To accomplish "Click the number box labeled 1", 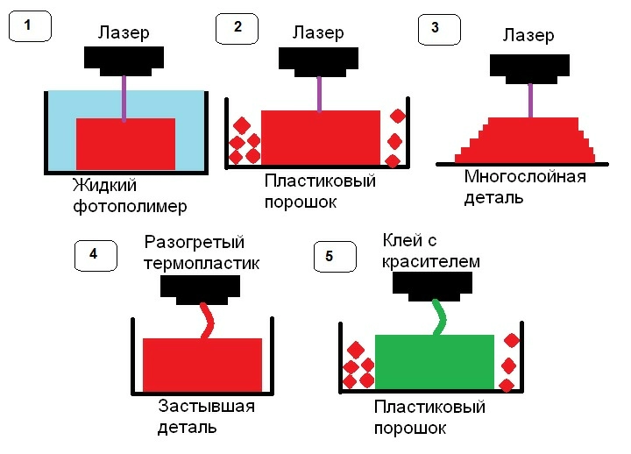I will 30,26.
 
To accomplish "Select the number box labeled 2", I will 238,27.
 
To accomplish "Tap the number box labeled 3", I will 436,27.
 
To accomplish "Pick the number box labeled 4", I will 95,255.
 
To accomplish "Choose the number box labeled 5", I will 330,256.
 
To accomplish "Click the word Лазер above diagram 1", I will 124,32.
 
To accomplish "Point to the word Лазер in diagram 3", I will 528,36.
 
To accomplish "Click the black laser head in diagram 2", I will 318,59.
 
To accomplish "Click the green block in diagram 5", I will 434,361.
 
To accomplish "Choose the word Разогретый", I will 194,242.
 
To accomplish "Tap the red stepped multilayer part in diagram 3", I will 526,140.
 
